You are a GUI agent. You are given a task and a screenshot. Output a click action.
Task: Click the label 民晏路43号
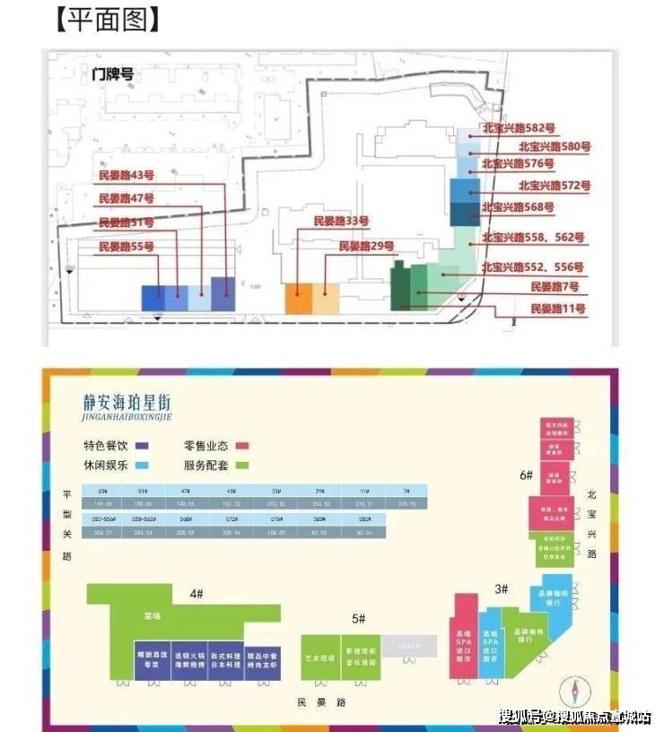point(127,175)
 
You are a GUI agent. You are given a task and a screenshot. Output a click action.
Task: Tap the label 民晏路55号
point(127,246)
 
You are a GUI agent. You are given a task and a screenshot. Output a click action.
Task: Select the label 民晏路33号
point(341,221)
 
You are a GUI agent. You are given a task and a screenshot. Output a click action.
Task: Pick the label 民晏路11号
point(558,309)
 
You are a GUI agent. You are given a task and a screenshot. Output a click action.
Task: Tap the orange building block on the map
point(297,299)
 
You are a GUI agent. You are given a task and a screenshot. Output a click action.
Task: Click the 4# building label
point(197,593)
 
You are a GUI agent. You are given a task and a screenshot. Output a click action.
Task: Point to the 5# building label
point(357,617)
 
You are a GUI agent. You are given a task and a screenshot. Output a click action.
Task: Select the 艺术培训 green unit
point(319,658)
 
